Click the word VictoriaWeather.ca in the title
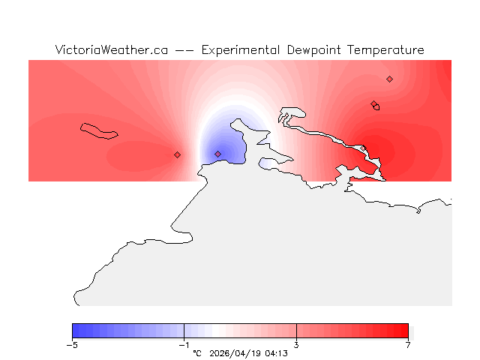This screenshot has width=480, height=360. tap(111, 50)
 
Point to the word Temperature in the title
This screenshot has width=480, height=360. tap(388, 50)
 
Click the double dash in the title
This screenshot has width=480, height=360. tap(184, 50)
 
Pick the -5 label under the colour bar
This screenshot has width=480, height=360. tap(72, 345)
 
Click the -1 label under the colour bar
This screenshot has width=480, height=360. tap(184, 345)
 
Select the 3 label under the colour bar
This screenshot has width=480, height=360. tap(296, 345)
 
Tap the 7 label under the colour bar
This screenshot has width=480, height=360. tap(408, 345)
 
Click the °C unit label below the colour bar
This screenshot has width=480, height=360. tap(197, 352)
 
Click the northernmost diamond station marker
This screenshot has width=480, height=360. tap(389, 79)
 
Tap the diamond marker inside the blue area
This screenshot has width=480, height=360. tap(217, 154)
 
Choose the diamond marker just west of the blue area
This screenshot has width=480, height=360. tap(177, 154)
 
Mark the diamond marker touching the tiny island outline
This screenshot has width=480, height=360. tap(373, 104)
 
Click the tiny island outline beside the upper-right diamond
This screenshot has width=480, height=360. tap(376, 107)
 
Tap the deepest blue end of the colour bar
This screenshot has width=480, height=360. tap(75, 331)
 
